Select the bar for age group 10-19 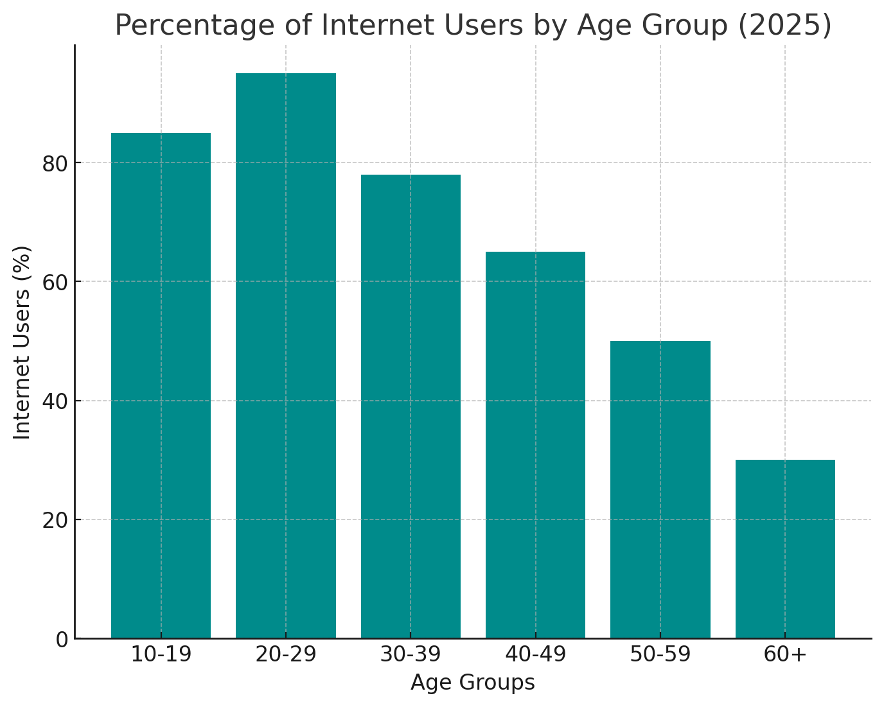[x=161, y=385]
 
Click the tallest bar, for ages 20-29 [x=285, y=356]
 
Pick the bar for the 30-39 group [x=411, y=406]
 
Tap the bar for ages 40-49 [x=535, y=445]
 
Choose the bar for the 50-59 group [x=660, y=489]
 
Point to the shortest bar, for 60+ [x=785, y=549]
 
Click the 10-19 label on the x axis [x=161, y=654]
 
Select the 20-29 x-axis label [x=286, y=654]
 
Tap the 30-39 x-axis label [x=411, y=654]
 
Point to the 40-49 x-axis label [x=535, y=654]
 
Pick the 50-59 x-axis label [x=660, y=654]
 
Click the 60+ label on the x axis [x=785, y=654]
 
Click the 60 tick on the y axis [x=55, y=283]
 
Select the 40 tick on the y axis [x=55, y=402]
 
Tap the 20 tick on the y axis [x=55, y=521]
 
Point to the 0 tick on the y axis [x=62, y=640]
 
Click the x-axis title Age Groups [x=473, y=683]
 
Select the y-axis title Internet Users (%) [x=21, y=342]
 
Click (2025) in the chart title [x=784, y=26]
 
